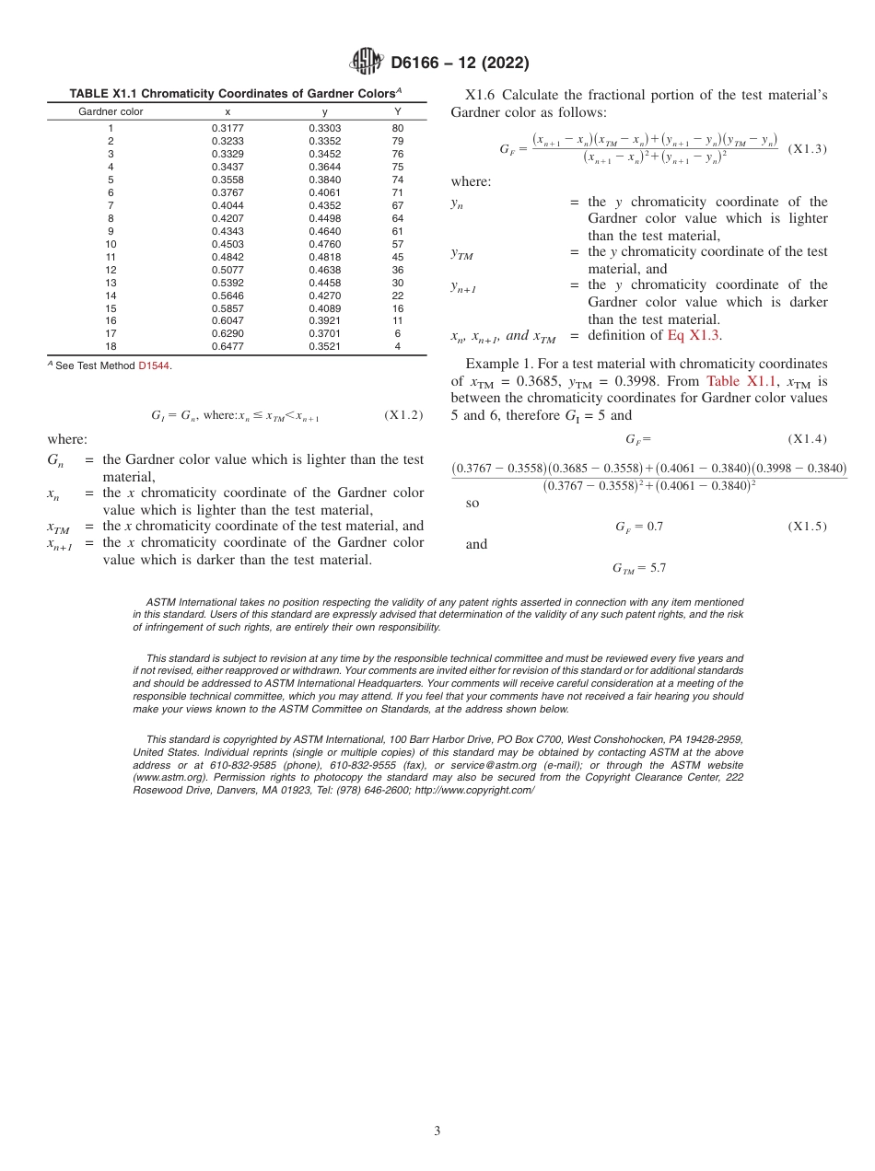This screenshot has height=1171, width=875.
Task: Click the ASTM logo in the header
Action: point(367,63)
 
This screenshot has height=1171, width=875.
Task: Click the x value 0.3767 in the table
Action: point(227,192)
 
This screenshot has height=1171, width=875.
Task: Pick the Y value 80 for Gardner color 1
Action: point(398,128)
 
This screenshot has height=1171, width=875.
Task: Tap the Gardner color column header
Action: point(111,111)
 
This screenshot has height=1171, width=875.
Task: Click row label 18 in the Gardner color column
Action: point(111,347)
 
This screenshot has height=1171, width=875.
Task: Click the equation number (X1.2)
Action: point(403,415)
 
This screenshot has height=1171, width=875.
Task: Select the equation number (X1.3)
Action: point(808,148)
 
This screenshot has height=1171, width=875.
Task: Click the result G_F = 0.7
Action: point(639,527)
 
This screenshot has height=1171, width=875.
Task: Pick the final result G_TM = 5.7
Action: point(638,568)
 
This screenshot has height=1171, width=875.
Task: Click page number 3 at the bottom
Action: point(437,1130)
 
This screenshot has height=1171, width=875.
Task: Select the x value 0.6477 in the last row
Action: point(227,347)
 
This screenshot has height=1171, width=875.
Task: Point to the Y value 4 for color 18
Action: point(398,347)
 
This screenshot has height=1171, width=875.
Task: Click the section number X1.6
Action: point(482,95)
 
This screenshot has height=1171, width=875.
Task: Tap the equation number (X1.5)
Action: point(808,527)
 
